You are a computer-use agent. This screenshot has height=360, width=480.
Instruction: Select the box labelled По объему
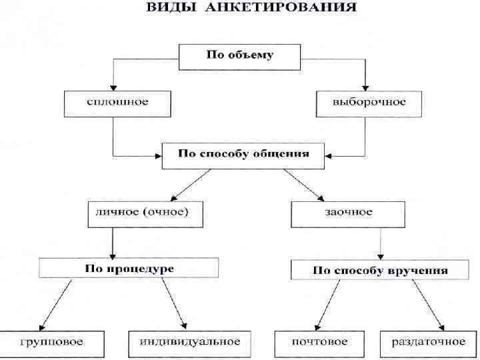coord(238,55)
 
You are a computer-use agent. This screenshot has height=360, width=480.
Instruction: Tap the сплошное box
coord(117,103)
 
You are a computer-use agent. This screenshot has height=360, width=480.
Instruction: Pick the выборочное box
coord(369,103)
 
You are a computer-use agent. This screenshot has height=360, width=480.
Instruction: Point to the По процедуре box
coord(129,268)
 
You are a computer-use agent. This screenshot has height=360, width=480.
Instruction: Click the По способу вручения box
coord(380,271)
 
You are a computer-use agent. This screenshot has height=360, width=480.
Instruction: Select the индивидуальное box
coord(189,342)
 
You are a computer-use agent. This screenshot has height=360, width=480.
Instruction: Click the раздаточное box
coord(427,342)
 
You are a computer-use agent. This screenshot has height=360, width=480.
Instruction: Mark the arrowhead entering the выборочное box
coord(365,87)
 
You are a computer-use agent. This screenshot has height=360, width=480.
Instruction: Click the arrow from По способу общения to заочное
coord(304,183)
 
